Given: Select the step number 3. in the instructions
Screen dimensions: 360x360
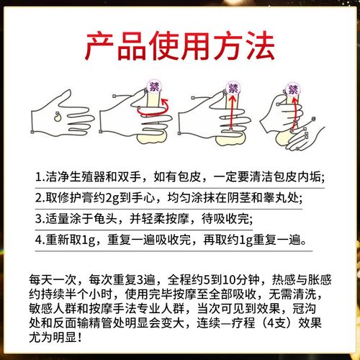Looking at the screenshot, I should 40,217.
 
